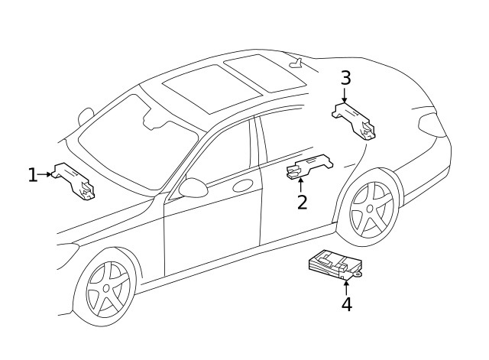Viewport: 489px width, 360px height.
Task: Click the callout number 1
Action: (32, 175)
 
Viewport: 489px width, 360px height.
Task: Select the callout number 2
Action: (302, 202)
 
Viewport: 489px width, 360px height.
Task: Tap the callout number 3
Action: (345, 78)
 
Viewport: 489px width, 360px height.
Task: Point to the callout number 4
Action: (346, 304)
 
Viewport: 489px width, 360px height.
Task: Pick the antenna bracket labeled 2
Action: (309, 167)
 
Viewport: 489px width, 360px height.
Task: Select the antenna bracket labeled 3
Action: (355, 118)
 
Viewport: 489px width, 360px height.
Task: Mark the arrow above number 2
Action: (301, 183)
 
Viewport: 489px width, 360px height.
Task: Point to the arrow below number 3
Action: (345, 96)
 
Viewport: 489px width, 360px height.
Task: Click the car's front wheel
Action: (107, 287)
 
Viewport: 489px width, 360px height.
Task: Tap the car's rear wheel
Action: (372, 209)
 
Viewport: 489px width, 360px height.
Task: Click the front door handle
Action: (243, 185)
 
